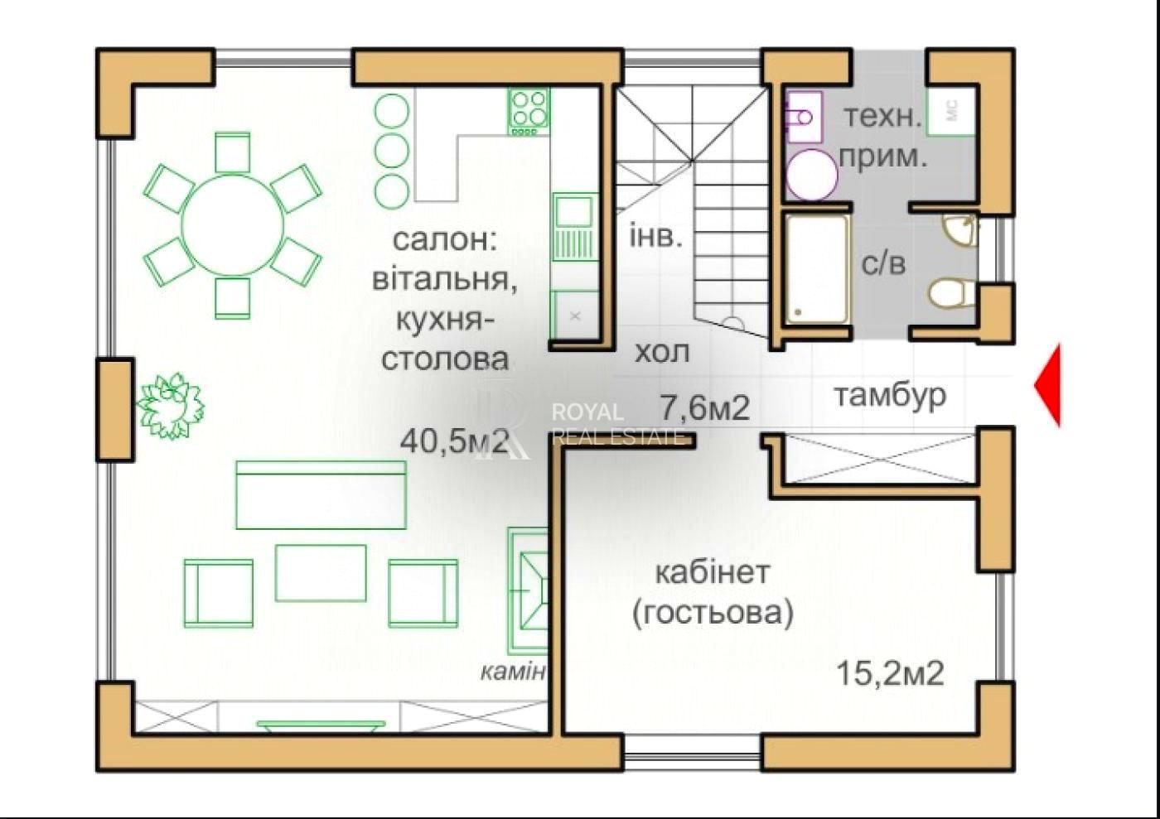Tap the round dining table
pyautogui.click(x=233, y=224)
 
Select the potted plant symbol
pyautogui.click(x=170, y=407)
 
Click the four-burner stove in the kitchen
pyautogui.click(x=529, y=112)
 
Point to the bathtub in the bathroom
pyautogui.click(x=817, y=269)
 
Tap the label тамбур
pyautogui.click(x=891, y=396)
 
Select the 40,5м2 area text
pyautogui.click(x=454, y=441)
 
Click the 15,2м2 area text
pyautogui.click(x=890, y=673)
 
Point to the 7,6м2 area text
pyautogui.click(x=704, y=407)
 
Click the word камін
pyautogui.click(x=513, y=672)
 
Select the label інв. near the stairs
pyautogui.click(x=655, y=235)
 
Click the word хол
pyautogui.click(x=662, y=352)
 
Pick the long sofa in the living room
pyautogui.click(x=321, y=495)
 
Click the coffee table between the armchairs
pyautogui.click(x=321, y=572)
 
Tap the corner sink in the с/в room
pyautogui.click(x=959, y=230)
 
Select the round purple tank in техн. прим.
pyautogui.click(x=812, y=175)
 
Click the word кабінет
pyautogui.click(x=713, y=572)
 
